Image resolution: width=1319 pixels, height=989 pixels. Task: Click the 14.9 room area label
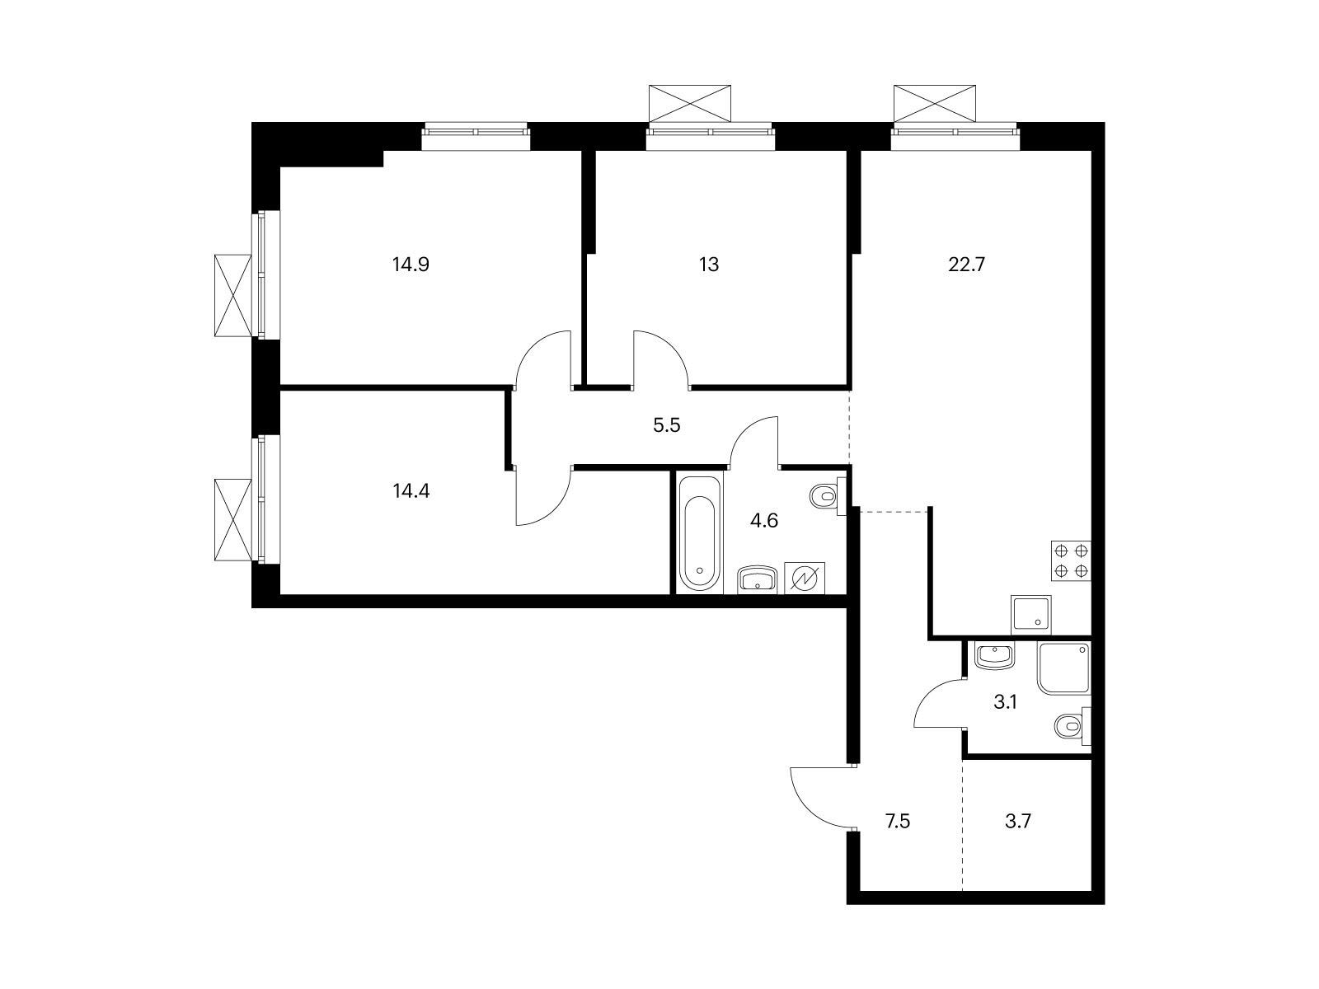point(411,265)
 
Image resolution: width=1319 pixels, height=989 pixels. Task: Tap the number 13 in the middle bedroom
point(709,265)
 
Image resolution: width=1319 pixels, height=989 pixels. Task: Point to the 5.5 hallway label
point(666,426)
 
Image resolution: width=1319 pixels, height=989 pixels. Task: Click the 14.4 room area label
point(411,491)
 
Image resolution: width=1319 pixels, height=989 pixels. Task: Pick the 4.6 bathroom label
point(764,521)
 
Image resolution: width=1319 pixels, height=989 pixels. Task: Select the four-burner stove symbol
point(1071,560)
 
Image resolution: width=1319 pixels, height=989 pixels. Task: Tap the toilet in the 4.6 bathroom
point(825,496)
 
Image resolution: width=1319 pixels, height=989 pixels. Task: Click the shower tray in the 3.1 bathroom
point(1064,668)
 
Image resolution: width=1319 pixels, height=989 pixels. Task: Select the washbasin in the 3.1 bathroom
point(994,656)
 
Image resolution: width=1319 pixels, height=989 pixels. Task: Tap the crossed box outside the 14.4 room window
point(232,520)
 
